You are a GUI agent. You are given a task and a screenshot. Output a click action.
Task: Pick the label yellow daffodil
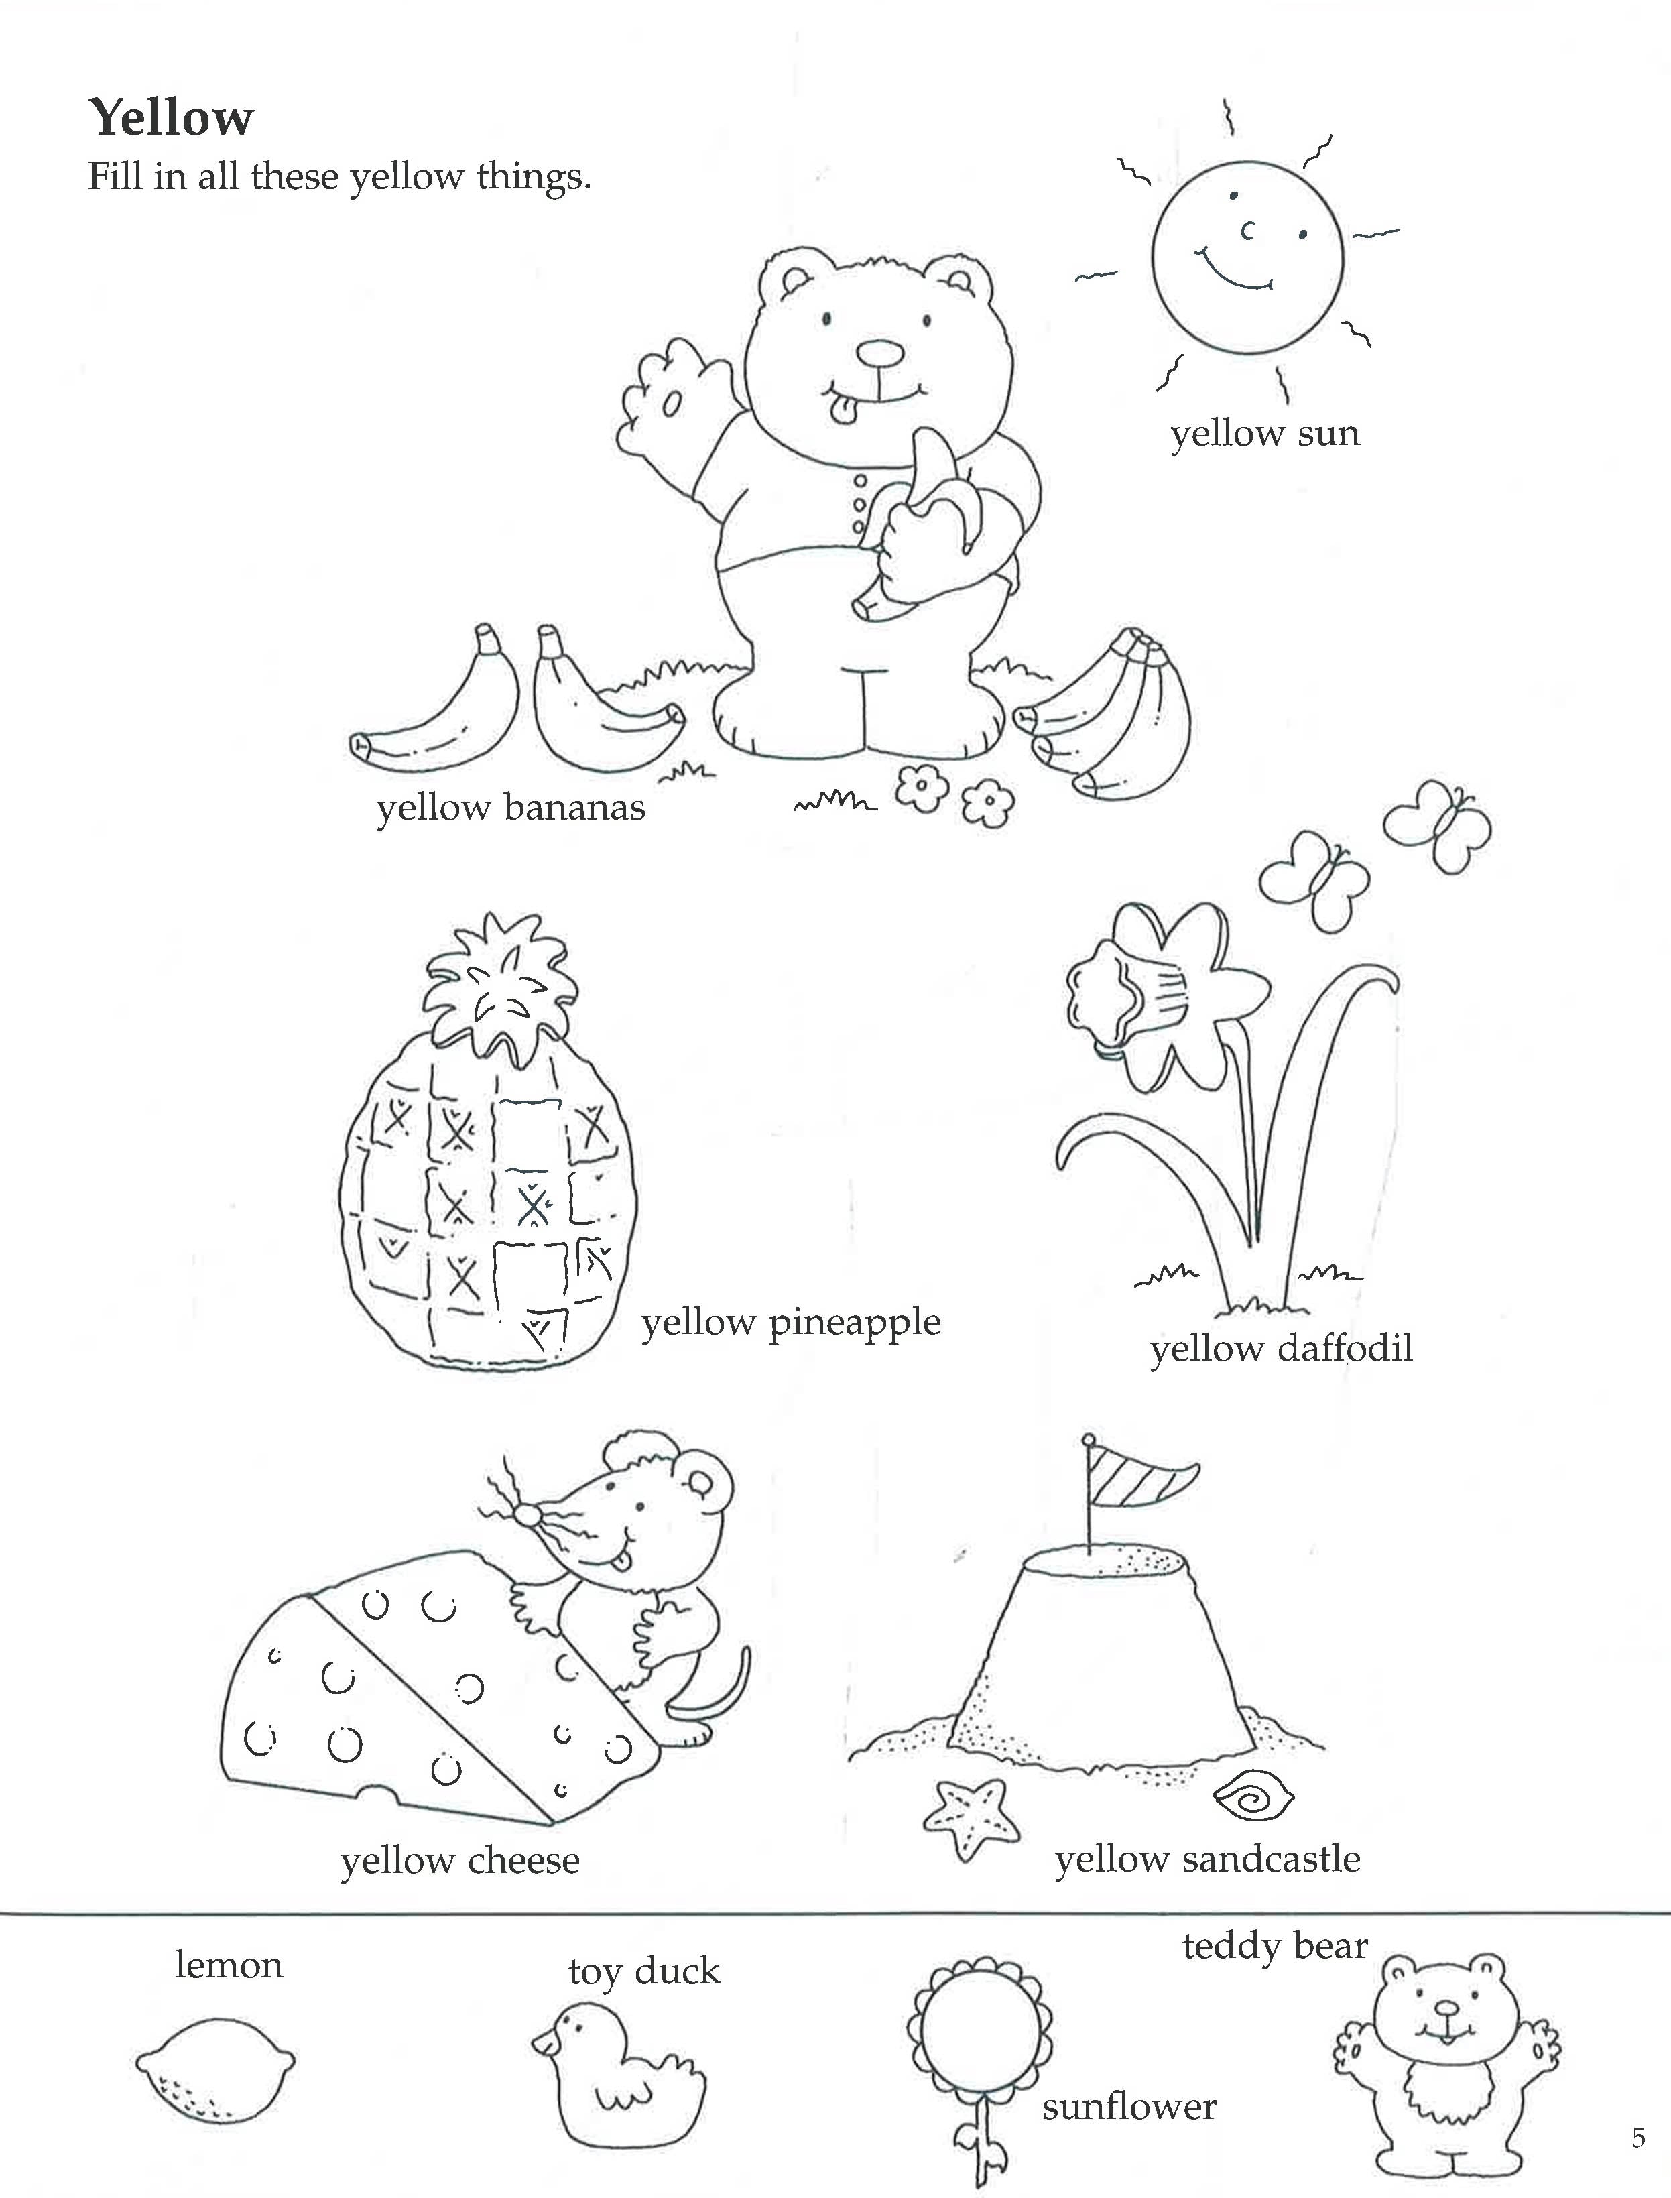point(1281,1349)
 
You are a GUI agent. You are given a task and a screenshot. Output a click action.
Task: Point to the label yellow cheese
point(460,1860)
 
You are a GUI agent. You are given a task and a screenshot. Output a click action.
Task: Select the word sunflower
point(1129,2106)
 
